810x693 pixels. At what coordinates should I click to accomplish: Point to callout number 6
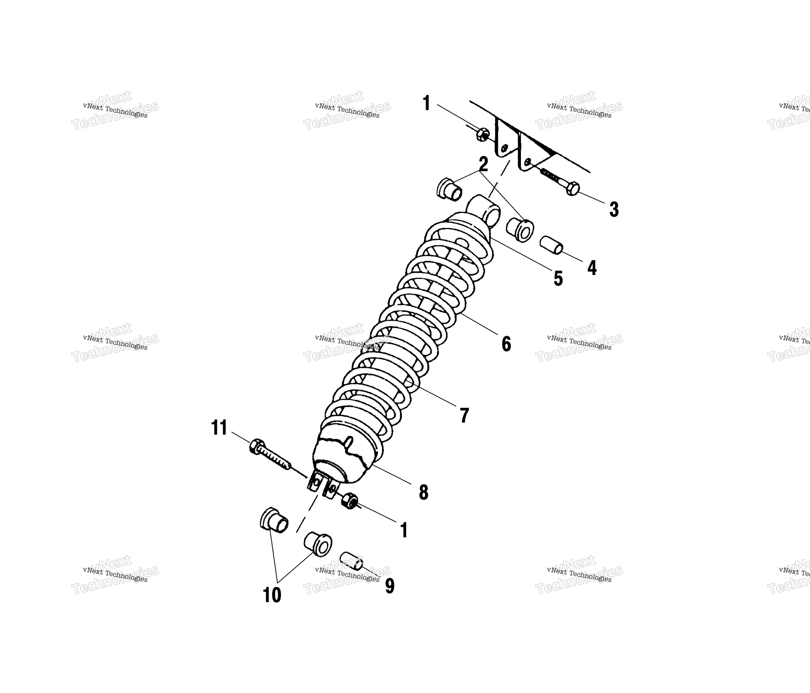tap(506, 344)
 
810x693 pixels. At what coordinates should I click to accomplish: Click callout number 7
tap(464, 415)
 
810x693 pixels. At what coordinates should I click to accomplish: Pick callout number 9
tap(390, 586)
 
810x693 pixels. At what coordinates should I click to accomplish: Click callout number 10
tap(272, 595)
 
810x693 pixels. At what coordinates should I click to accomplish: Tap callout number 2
tap(484, 165)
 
